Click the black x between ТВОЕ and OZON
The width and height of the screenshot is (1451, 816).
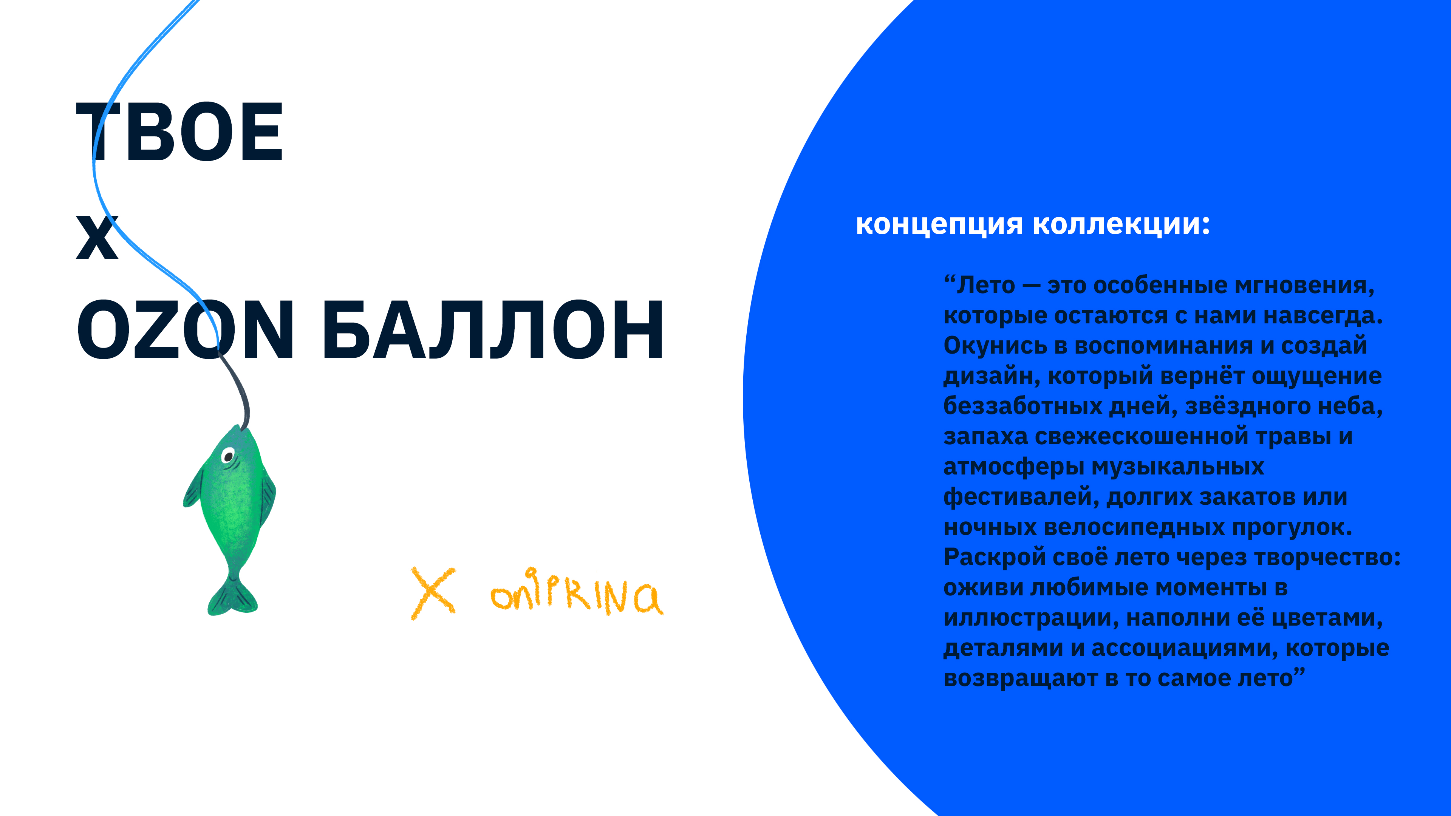click(x=97, y=237)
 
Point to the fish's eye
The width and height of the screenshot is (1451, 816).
click(x=228, y=455)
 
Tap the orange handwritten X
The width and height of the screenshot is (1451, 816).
click(x=433, y=592)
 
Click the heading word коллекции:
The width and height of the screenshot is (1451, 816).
click(x=1121, y=225)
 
